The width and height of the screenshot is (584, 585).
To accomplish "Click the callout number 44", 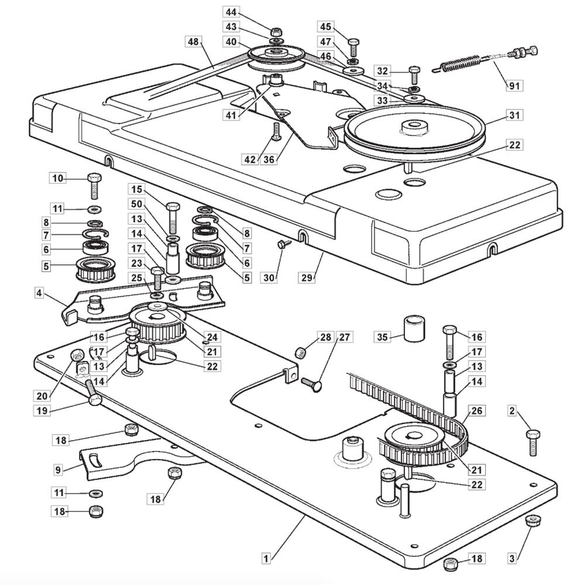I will pyautogui.click(x=231, y=12).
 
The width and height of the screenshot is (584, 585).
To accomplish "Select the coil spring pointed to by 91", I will pyautogui.click(x=458, y=62).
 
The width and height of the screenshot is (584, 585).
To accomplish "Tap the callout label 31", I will pyautogui.click(x=514, y=116).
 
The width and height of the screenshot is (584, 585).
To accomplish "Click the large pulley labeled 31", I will pyautogui.click(x=414, y=132).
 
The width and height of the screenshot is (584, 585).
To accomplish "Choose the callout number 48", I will pyautogui.click(x=193, y=42).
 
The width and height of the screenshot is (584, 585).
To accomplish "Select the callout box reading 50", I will pyautogui.click(x=136, y=204).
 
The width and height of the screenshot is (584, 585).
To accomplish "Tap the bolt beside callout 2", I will pyautogui.click(x=533, y=442).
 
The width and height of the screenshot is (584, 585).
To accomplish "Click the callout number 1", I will pyautogui.click(x=266, y=559).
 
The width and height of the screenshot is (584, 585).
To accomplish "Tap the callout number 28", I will pyautogui.click(x=325, y=337).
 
